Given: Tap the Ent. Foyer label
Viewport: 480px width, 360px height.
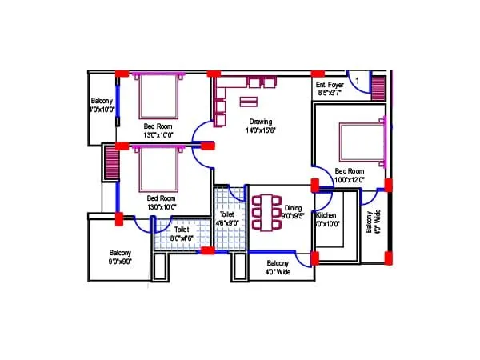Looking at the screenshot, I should point(329,84).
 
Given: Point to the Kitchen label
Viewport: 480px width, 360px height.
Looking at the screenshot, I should point(326,216).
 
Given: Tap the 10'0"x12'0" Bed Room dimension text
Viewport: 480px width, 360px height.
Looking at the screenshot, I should point(350,181).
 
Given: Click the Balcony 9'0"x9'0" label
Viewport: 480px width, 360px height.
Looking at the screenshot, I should point(120,258).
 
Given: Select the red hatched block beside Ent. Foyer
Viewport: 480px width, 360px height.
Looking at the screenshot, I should point(378,85).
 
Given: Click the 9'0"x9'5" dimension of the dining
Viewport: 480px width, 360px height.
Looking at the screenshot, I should point(294,216).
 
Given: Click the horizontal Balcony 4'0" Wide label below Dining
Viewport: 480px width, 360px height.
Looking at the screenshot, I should point(278,267).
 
